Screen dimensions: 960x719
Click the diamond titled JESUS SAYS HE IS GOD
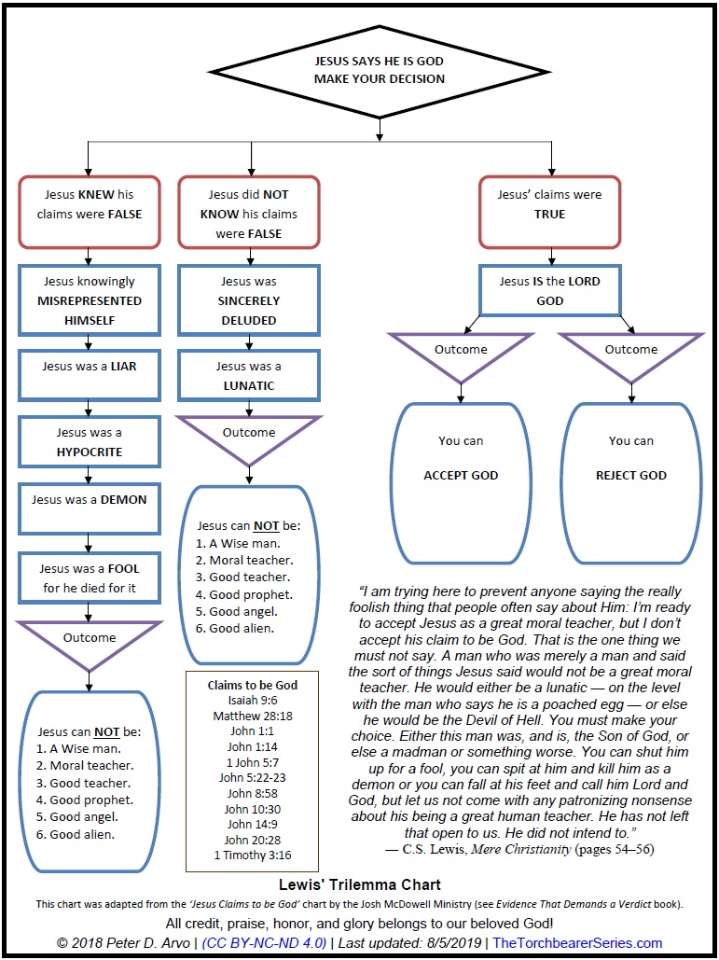[x=380, y=71]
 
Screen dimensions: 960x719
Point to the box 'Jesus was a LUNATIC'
[x=248, y=376]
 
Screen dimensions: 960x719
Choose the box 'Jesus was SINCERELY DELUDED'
[x=248, y=300]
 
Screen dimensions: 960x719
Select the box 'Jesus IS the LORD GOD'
[x=550, y=291]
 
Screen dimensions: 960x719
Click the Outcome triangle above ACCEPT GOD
[x=461, y=353]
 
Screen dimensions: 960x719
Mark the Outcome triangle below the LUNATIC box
[x=248, y=436]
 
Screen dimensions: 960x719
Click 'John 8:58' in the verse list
[x=252, y=794]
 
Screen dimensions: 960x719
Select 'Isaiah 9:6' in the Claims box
[x=252, y=700]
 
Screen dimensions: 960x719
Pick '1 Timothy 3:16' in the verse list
[x=252, y=856]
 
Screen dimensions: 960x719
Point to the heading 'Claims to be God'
[x=252, y=685]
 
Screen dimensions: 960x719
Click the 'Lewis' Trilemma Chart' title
[x=360, y=883]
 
